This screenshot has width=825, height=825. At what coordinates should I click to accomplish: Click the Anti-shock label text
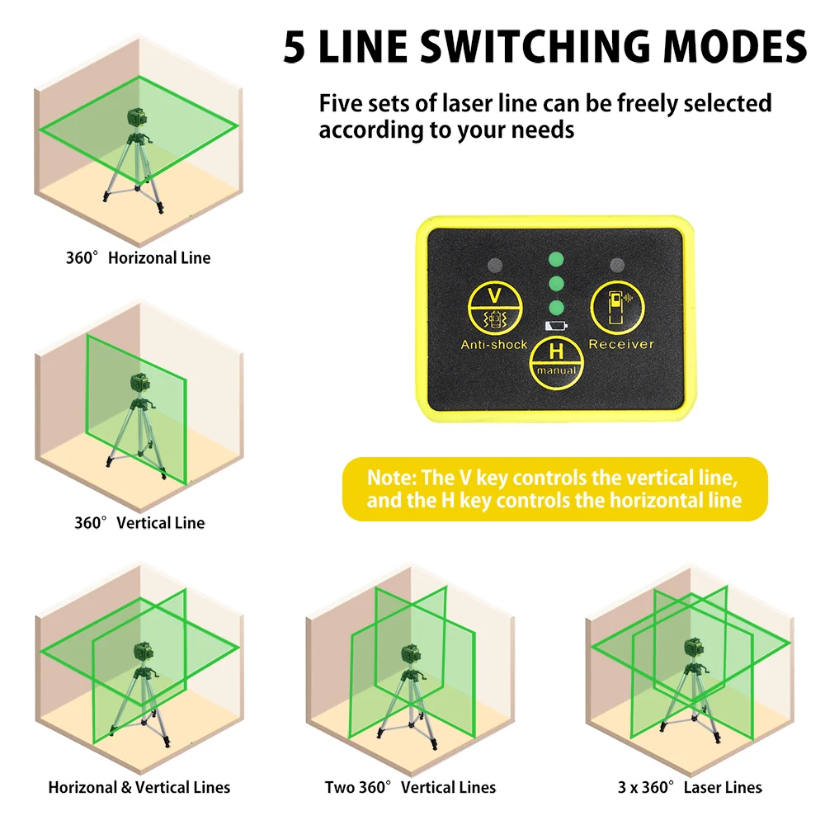(493, 344)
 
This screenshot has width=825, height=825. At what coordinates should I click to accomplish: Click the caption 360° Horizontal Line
(138, 258)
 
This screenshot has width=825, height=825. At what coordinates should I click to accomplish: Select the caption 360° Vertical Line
(139, 523)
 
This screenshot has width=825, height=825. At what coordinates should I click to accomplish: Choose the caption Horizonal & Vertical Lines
(139, 787)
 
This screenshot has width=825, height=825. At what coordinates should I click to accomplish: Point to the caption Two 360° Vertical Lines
(410, 787)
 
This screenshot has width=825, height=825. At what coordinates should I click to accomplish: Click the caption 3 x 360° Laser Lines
(691, 787)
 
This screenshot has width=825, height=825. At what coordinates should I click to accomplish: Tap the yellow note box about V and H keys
(554, 489)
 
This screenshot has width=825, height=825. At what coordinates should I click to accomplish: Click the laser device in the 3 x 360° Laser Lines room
(691, 649)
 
